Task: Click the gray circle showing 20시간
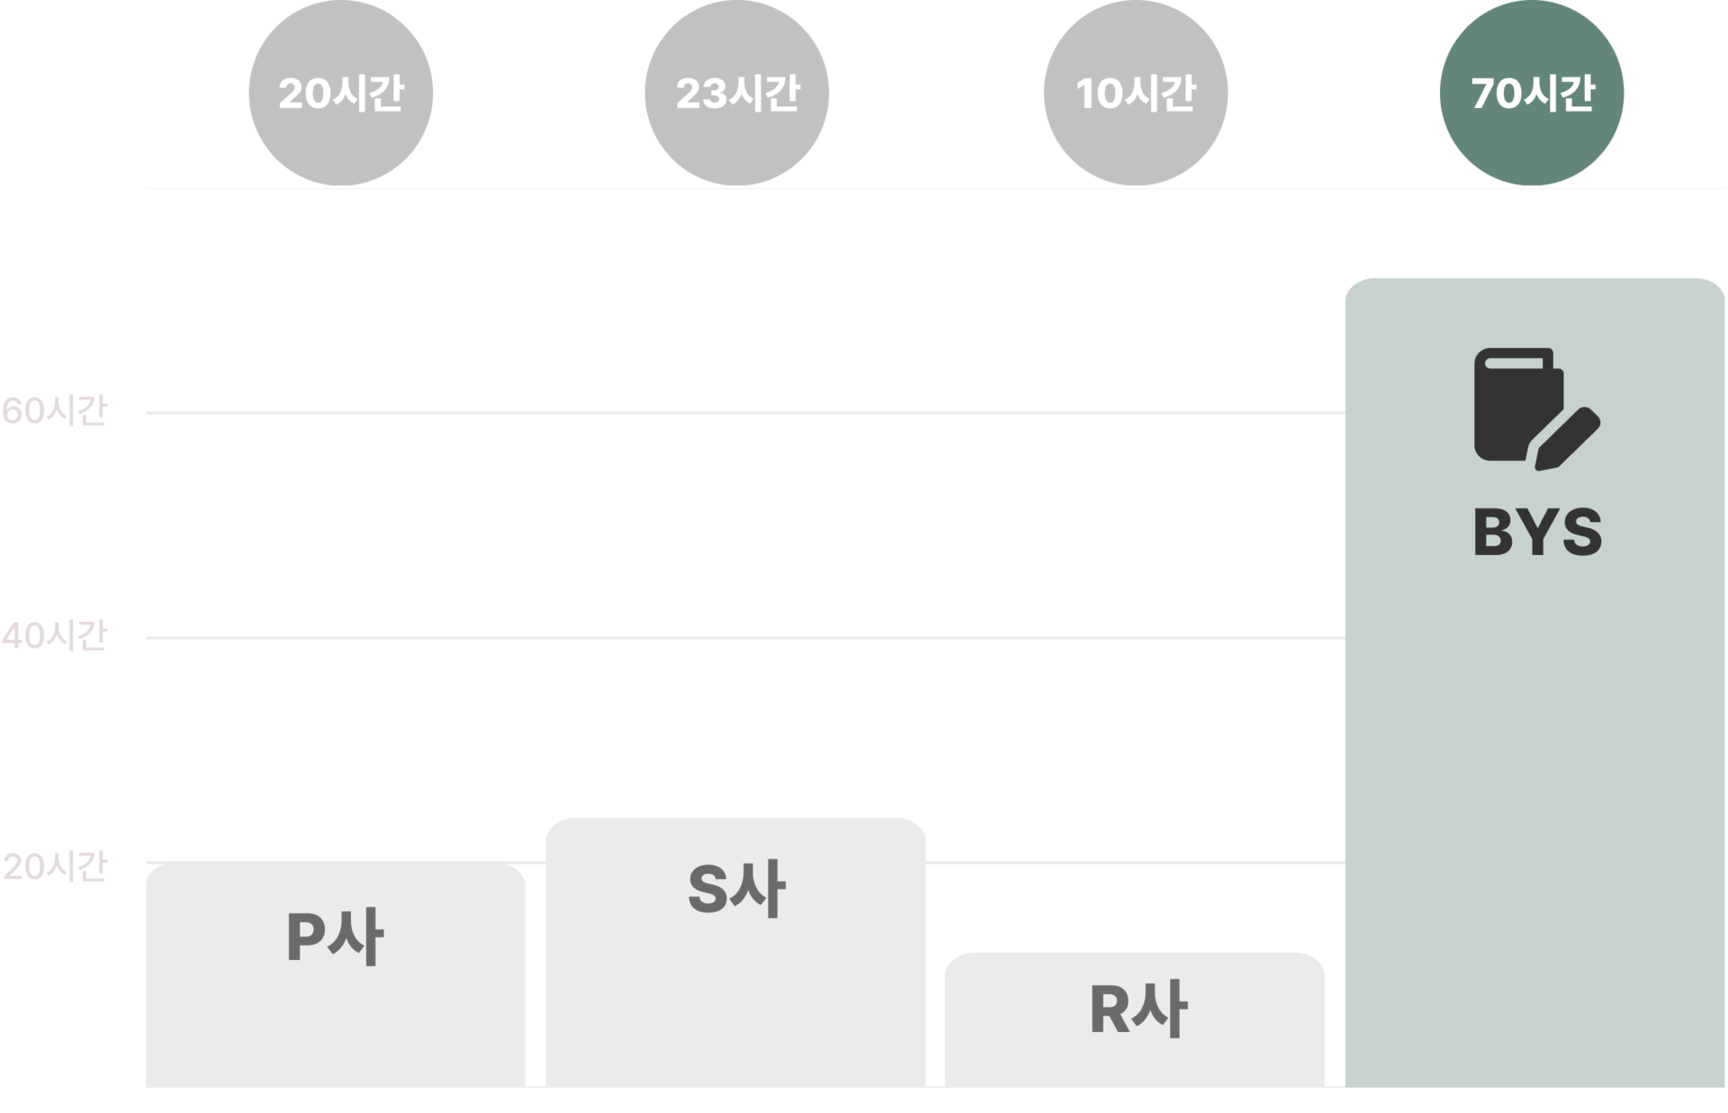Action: (341, 93)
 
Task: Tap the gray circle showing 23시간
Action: (737, 93)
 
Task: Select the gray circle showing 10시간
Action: (1136, 93)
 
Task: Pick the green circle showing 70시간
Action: (1532, 93)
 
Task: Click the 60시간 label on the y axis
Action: (54, 410)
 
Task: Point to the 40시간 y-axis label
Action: (54, 635)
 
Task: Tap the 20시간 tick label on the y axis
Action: (54, 866)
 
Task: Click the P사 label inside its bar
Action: (335, 937)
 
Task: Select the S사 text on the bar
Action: (736, 889)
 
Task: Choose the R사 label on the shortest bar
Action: (1138, 1009)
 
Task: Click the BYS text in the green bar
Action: (1537, 532)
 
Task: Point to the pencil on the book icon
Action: (1567, 439)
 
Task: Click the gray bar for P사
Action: (336, 974)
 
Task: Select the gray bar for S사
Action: (735, 952)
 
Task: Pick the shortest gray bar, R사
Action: (1135, 1019)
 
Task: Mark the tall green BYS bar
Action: (1534, 682)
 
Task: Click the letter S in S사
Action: (707, 889)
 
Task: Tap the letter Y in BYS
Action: (1538, 532)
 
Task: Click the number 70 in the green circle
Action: (1492, 93)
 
